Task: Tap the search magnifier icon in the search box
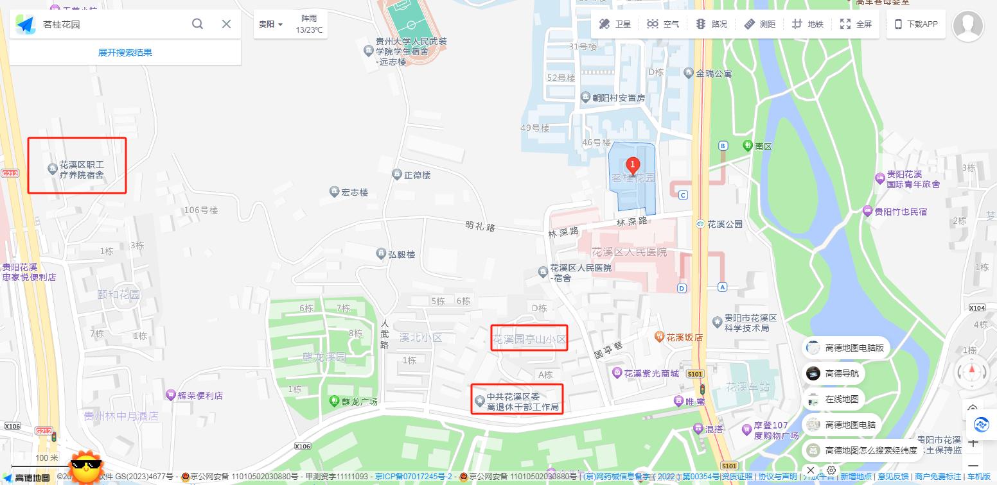(198, 24)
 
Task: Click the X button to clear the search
(226, 24)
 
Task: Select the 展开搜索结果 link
(125, 53)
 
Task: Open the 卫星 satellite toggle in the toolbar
(615, 24)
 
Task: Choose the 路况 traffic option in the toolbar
(712, 24)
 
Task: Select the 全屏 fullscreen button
(856, 24)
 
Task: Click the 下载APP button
(916, 24)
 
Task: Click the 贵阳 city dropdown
(270, 24)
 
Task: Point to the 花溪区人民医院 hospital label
(629, 252)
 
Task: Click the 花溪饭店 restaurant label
(684, 337)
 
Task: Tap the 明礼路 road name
(481, 226)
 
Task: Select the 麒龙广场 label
(359, 402)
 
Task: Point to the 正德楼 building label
(417, 174)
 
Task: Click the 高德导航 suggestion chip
(842, 373)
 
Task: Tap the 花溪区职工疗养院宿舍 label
(82, 169)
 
